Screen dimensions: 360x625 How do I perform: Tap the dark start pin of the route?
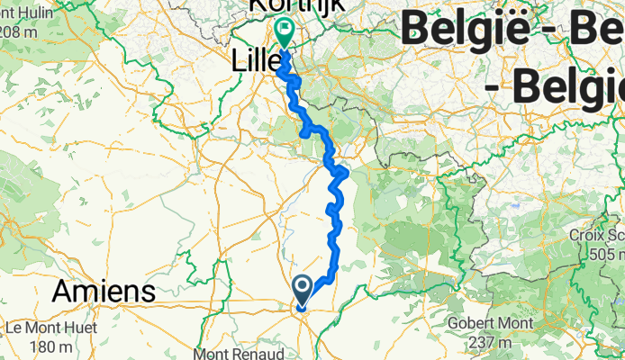click(x=303, y=290)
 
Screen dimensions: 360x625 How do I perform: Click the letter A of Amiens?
click(x=65, y=292)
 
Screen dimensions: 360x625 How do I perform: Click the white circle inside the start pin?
click(x=303, y=287)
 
